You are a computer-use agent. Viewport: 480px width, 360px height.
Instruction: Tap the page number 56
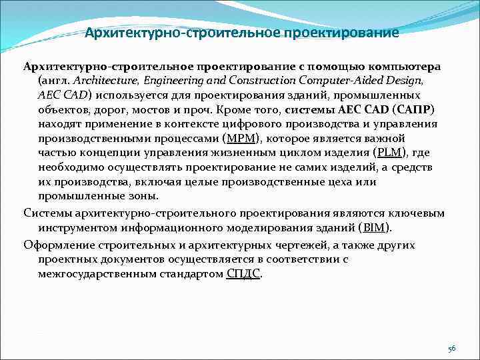coord(451,348)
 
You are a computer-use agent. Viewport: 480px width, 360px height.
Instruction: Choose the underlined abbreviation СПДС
coord(244,273)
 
